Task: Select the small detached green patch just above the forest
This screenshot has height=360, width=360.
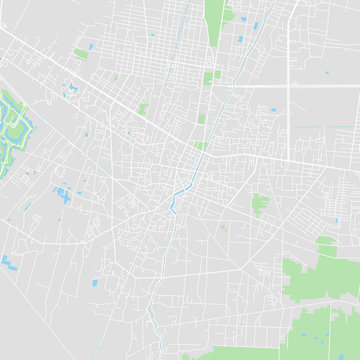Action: tap(326, 241)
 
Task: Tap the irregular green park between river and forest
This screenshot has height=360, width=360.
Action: tap(261, 203)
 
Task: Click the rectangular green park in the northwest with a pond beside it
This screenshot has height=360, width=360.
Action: tap(80, 53)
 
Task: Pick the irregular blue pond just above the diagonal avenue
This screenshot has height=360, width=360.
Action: tap(72, 88)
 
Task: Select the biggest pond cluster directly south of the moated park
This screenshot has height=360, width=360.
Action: tap(63, 193)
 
